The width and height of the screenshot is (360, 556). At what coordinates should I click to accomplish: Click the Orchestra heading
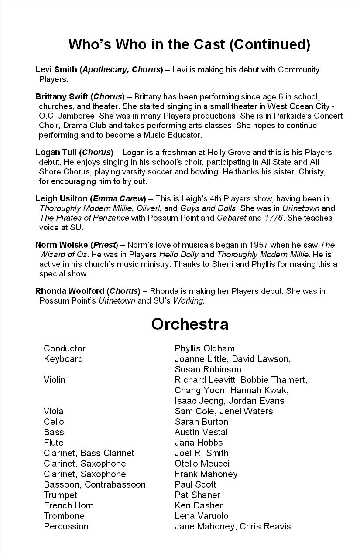coord(190,324)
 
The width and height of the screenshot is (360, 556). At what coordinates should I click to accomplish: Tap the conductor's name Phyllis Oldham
coord(205,348)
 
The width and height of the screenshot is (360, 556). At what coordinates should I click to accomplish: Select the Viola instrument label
coord(53,411)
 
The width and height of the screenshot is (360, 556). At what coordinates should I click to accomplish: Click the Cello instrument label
coord(54,422)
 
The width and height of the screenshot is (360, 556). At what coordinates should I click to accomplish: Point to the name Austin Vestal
coord(201,432)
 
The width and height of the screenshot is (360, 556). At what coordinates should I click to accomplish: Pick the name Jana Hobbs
coord(199,443)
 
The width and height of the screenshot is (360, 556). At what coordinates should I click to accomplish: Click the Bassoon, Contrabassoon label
coord(95,484)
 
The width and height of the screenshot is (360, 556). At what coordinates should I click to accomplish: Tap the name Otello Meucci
coord(202,464)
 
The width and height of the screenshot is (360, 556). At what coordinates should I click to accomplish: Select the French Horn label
coord(69,505)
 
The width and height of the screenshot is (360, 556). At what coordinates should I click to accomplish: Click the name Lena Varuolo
coord(202,516)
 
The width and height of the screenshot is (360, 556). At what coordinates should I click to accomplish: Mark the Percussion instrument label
coord(66,526)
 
